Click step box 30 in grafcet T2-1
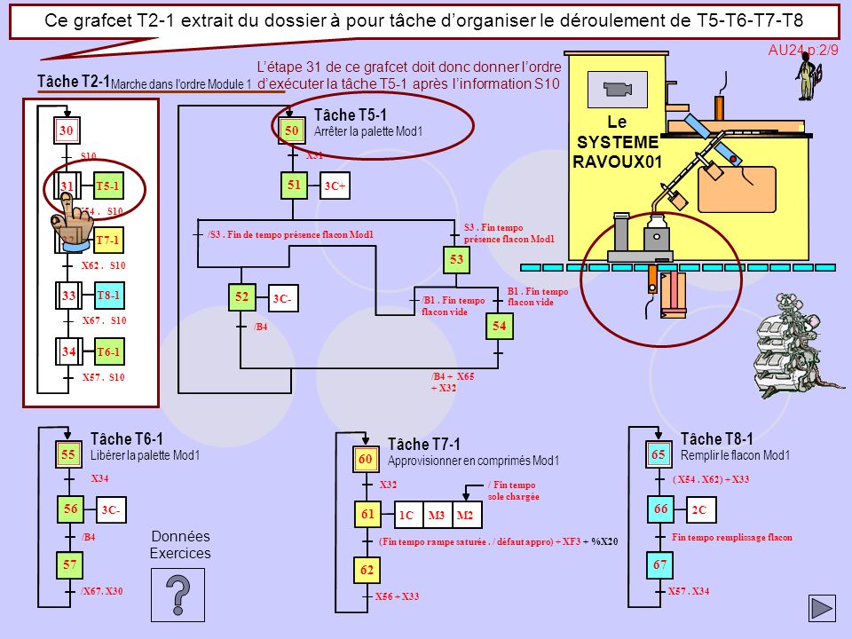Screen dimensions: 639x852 click(x=66, y=131)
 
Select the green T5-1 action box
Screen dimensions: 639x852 click(x=107, y=186)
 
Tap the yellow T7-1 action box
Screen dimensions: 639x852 click(x=107, y=241)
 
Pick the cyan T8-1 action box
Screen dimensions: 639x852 click(x=107, y=295)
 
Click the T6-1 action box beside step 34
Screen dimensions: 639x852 click(x=107, y=352)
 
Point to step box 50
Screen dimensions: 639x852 click(x=290, y=130)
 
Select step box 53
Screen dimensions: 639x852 click(x=456, y=259)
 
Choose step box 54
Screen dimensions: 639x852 click(x=498, y=327)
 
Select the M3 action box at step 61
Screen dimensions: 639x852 click(x=437, y=516)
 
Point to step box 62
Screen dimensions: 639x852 click(x=366, y=571)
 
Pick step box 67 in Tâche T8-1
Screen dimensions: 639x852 click(x=659, y=564)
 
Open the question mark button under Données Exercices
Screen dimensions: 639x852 click(x=178, y=595)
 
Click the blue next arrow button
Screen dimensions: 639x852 click(x=822, y=608)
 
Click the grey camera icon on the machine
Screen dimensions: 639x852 click(x=616, y=89)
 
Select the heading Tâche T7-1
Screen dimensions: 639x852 click(x=424, y=444)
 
